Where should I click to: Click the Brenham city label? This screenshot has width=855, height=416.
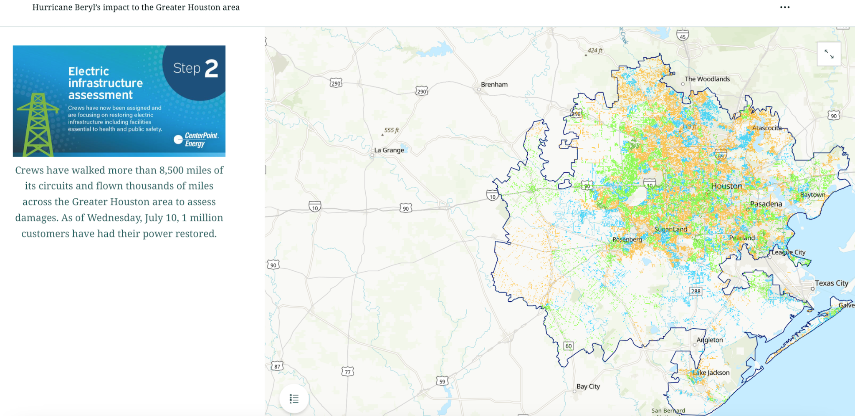(x=494, y=85)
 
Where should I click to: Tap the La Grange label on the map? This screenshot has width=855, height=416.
(x=389, y=150)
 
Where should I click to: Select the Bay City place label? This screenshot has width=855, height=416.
(x=588, y=386)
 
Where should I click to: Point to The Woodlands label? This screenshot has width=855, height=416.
(x=707, y=79)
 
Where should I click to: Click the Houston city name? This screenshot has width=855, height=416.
(x=726, y=186)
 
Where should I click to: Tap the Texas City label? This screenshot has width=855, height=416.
(x=831, y=283)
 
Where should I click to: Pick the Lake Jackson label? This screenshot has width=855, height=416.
(x=711, y=373)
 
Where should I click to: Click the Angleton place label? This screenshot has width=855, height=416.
(x=709, y=340)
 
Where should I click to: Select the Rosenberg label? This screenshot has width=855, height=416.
(x=627, y=240)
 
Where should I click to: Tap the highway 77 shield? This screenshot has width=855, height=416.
(x=347, y=372)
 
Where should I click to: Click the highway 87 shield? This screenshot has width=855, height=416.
(x=277, y=366)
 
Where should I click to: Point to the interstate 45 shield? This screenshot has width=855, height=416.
(x=683, y=36)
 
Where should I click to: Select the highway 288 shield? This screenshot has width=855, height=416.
(x=696, y=291)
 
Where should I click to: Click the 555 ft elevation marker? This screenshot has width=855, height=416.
(x=391, y=130)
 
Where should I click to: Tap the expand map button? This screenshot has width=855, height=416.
(x=829, y=54)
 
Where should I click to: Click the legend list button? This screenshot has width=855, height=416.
(x=294, y=399)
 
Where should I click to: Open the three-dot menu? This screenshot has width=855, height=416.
(x=784, y=8)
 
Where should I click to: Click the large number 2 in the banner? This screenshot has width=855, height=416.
(x=211, y=68)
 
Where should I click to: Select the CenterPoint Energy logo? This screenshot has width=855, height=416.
(x=196, y=139)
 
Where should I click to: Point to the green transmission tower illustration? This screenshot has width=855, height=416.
(x=38, y=125)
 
